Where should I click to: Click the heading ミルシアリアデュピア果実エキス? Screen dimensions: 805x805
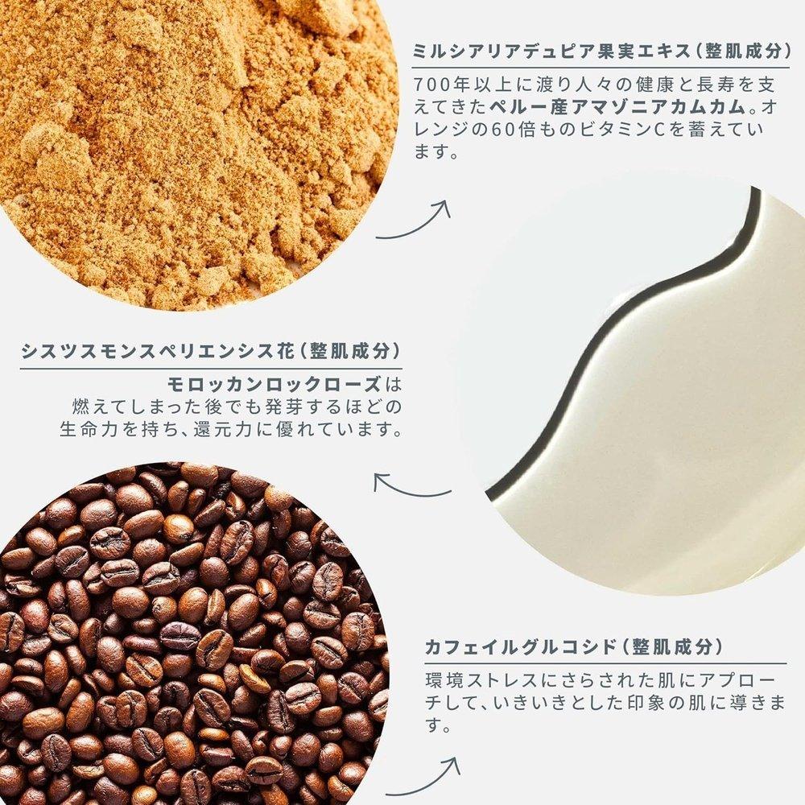tap(552, 52)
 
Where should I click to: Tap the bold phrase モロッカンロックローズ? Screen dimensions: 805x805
tap(275, 384)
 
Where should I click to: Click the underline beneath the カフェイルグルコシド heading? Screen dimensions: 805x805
tap(606, 663)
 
